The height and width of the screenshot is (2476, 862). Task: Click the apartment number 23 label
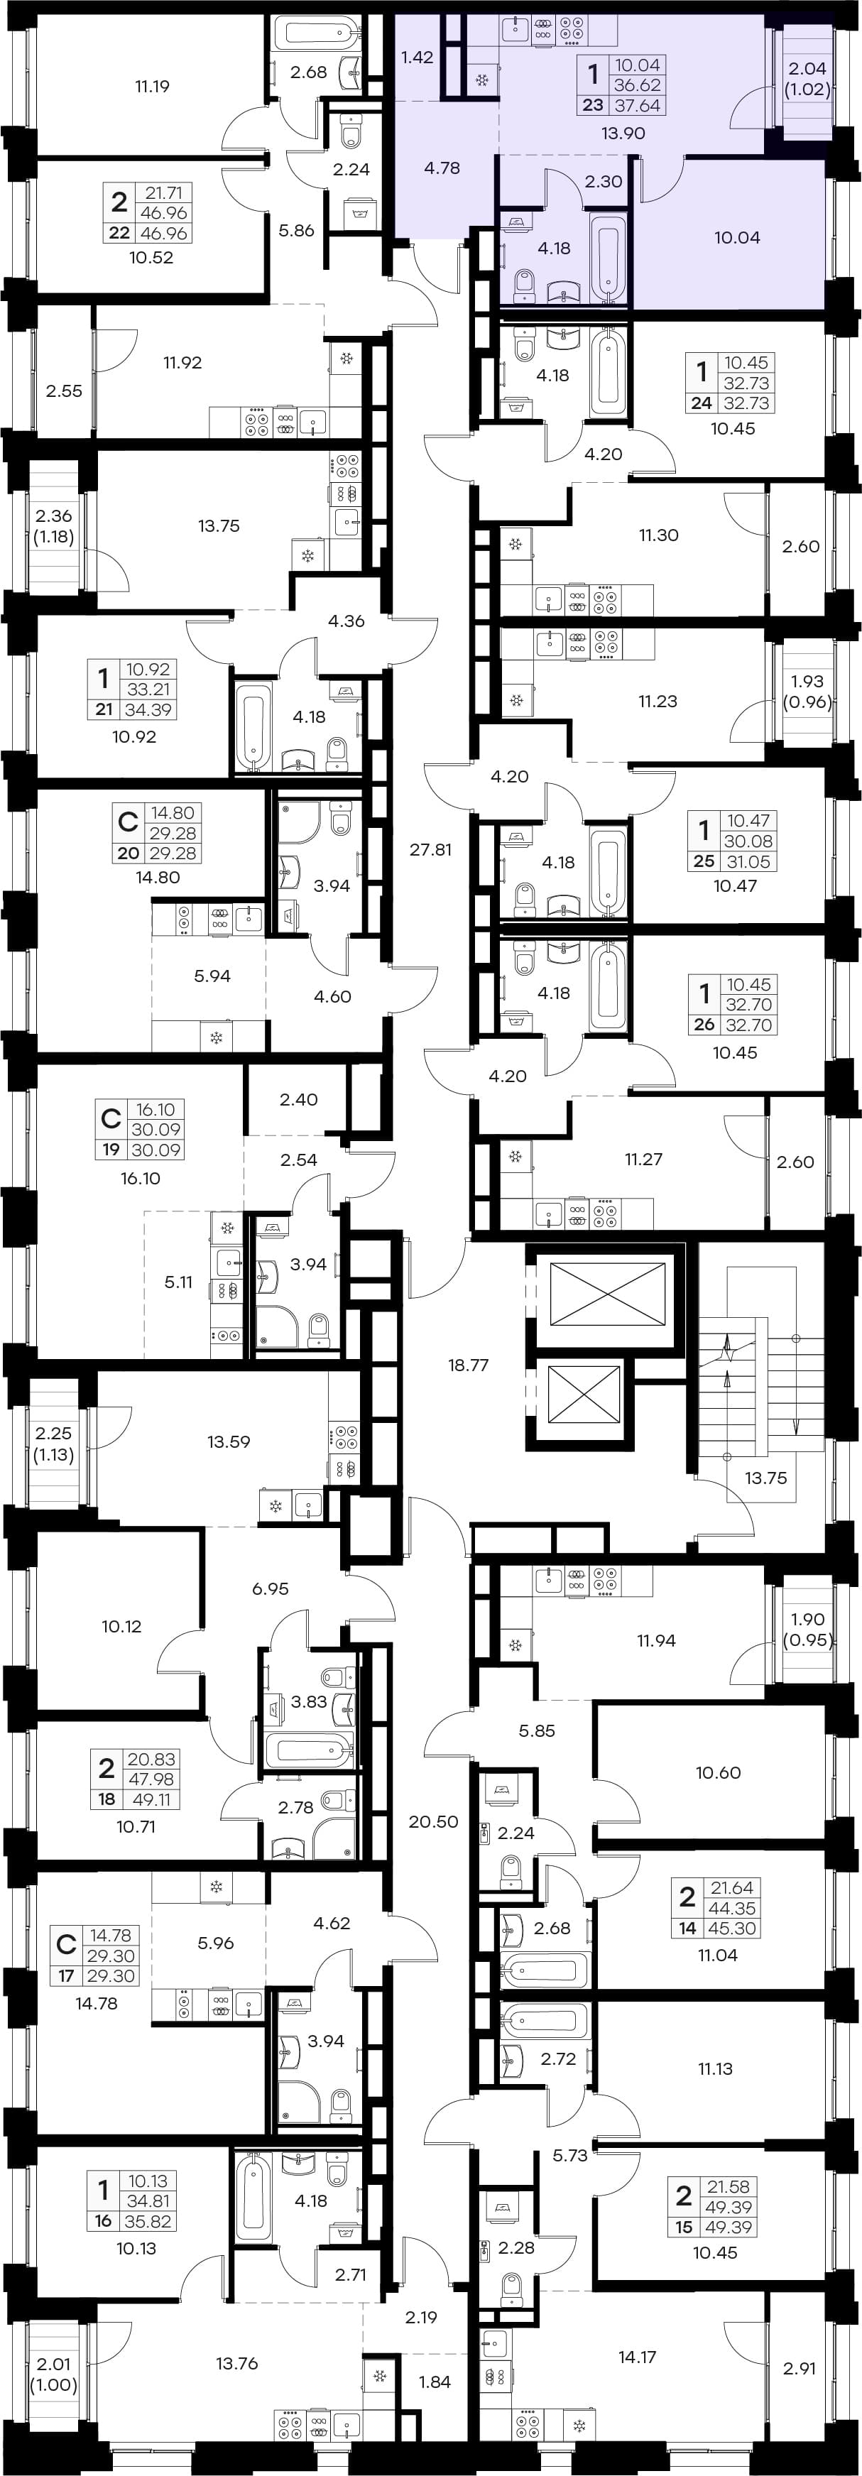pos(592,106)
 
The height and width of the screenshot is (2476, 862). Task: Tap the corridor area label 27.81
pos(430,850)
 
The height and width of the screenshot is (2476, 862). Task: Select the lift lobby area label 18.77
pos(468,1365)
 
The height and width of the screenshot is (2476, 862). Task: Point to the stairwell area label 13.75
pos(766,1478)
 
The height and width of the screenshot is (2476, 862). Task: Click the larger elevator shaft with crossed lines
pos(607,1296)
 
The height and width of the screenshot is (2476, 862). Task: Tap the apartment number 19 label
pos(111,1150)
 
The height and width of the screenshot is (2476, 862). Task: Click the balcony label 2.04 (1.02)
pos(807,79)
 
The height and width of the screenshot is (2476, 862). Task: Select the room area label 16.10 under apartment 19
pos(141,1179)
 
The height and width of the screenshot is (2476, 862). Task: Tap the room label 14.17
pos(637,2357)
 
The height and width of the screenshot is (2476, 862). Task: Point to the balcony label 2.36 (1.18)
pos(54,525)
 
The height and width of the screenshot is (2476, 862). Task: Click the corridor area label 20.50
pos(433,1821)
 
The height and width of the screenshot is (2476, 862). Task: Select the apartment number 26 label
pos(704,1025)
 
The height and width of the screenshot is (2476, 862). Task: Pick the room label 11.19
pos(152,87)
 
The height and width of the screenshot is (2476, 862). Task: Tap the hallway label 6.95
pos(270,1589)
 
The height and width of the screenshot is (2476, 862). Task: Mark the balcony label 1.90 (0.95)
pos(807,1629)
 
